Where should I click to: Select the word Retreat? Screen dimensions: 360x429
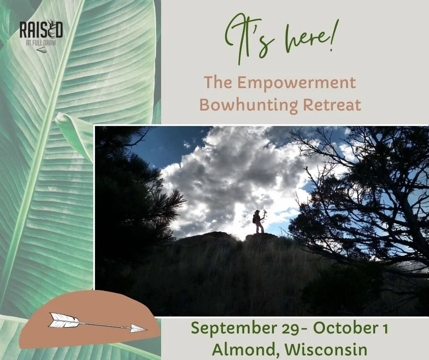[332, 105]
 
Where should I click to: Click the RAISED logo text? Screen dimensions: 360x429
[41, 31]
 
